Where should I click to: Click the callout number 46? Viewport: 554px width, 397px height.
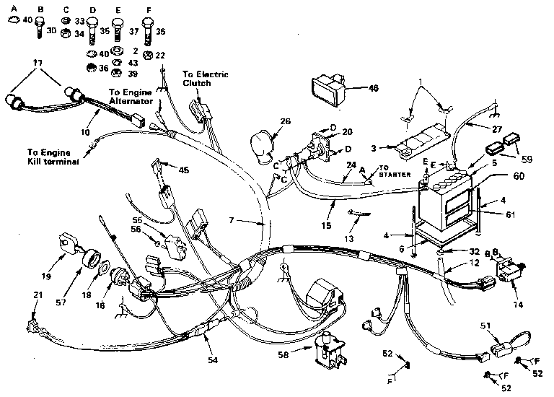point(373,88)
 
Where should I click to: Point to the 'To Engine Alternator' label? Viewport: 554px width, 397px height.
point(130,97)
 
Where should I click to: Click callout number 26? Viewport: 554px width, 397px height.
point(286,121)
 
